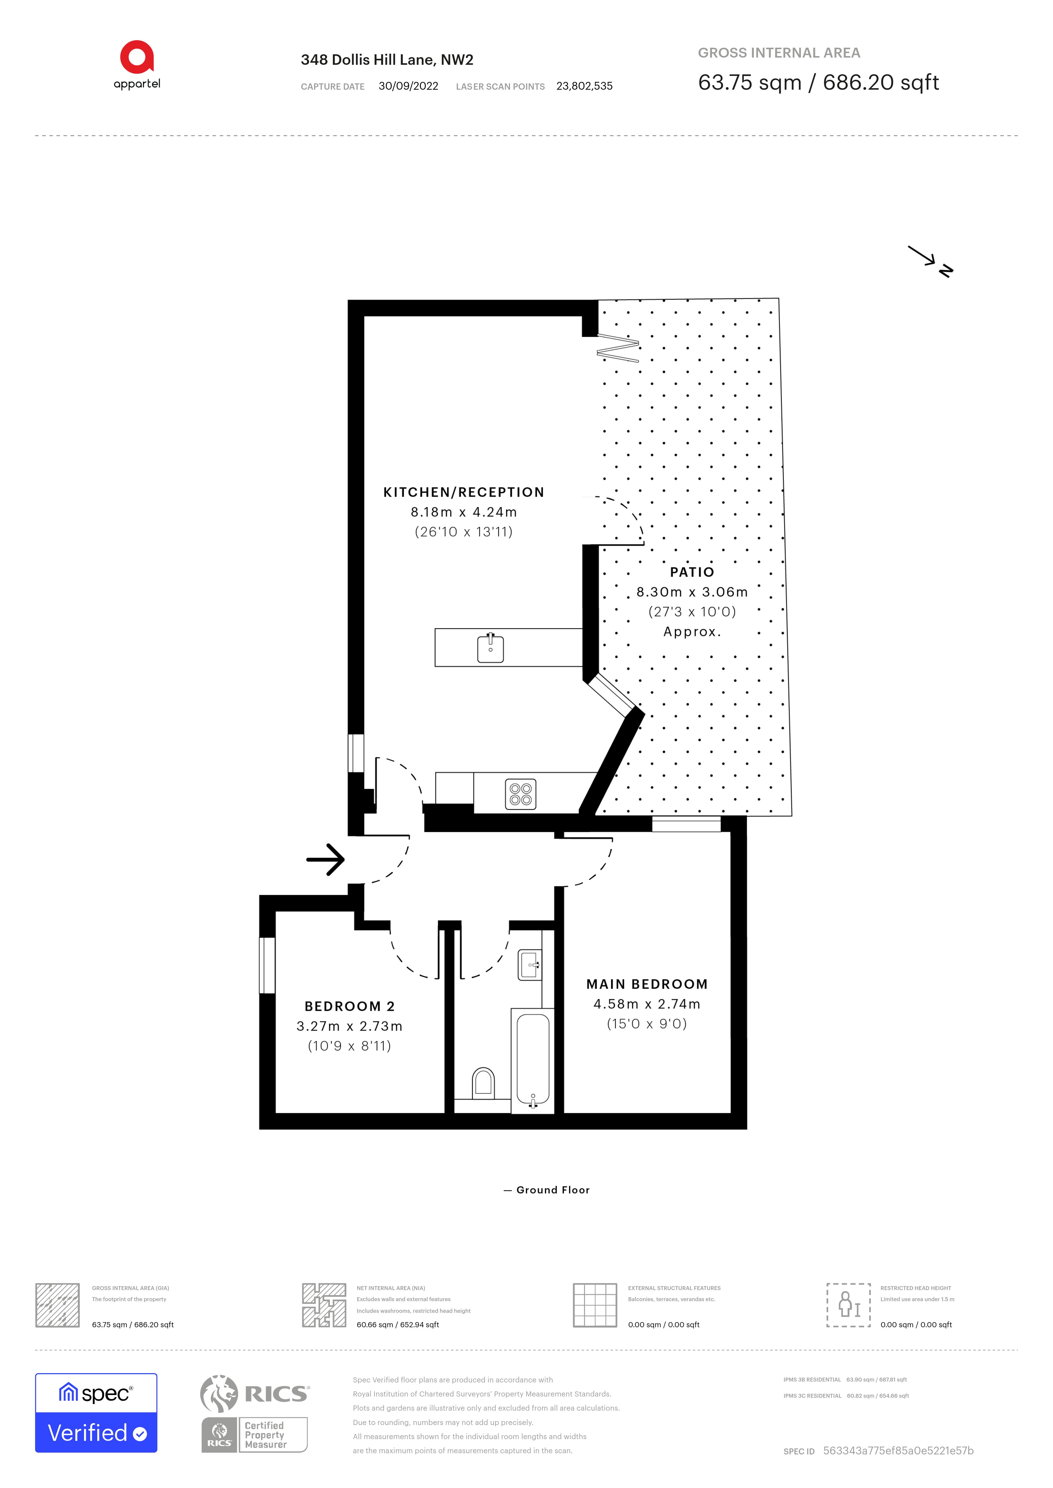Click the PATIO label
tap(692, 572)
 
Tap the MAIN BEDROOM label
tap(647, 984)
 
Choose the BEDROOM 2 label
tap(349, 1006)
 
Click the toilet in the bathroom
tap(483, 1082)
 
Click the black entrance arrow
tap(325, 859)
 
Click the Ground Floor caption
tap(552, 1190)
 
